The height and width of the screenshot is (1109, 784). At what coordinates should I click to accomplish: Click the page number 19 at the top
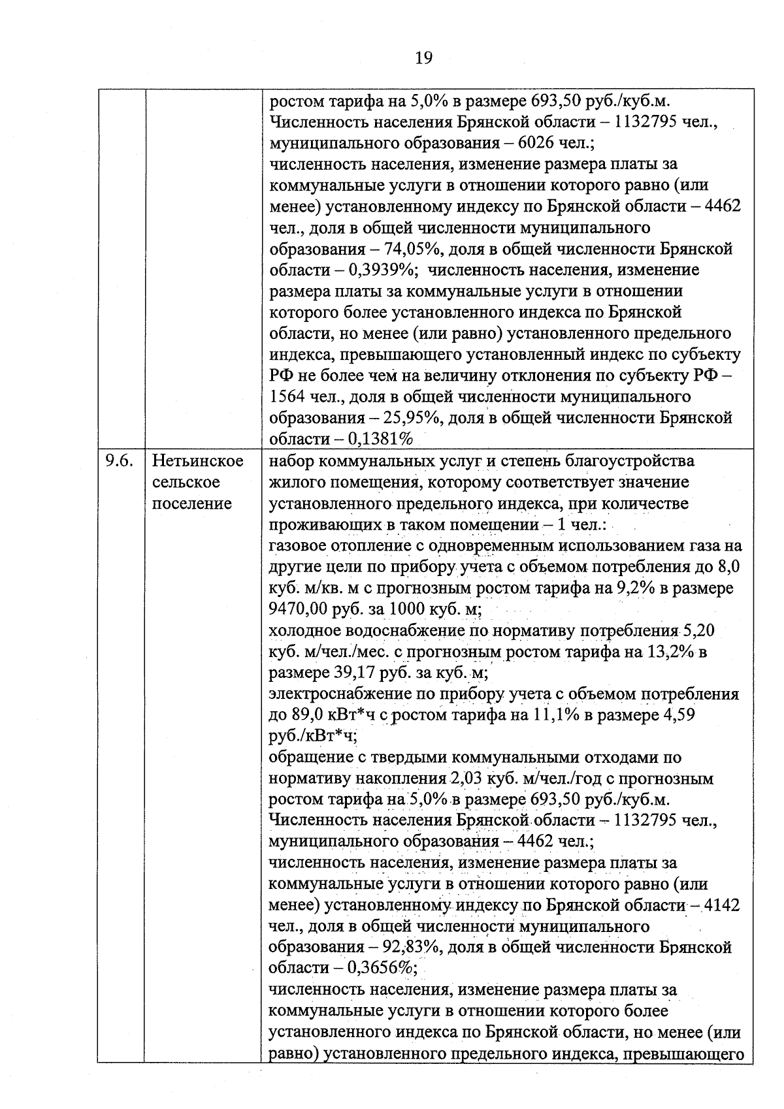(423, 58)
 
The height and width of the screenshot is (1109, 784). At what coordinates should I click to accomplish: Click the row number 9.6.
(120, 461)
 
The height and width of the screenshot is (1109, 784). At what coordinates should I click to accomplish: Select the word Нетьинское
(198, 461)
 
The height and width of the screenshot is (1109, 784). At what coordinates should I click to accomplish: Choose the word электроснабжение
(334, 694)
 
